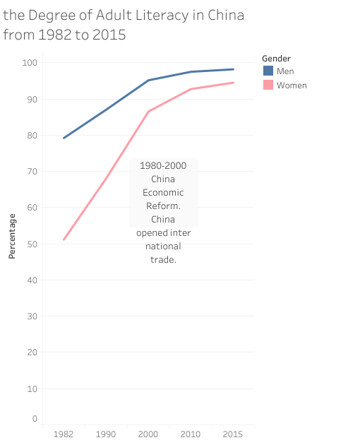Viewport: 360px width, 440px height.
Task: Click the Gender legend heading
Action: (x=276, y=58)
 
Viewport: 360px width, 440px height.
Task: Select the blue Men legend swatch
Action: (x=268, y=71)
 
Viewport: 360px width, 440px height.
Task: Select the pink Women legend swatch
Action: (x=268, y=85)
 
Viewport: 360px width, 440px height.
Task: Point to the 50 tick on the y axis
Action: (x=31, y=244)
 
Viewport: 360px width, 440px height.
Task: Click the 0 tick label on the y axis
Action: (x=34, y=419)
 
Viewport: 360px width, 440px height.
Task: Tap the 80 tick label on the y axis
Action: (x=31, y=136)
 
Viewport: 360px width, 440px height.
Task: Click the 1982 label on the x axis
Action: (x=64, y=434)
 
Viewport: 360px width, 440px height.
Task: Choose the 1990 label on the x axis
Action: (x=106, y=434)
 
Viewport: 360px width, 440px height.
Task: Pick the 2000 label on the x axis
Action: (x=148, y=434)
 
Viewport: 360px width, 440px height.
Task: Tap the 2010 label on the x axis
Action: (x=191, y=434)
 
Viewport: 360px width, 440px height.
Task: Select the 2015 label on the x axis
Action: (x=233, y=434)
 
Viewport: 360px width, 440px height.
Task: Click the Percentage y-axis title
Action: (x=12, y=235)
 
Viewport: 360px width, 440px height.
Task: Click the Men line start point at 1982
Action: (x=64, y=138)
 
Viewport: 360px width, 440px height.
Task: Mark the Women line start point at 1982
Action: (x=64, y=240)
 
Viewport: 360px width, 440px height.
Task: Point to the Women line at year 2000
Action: (x=148, y=112)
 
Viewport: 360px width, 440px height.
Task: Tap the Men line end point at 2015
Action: (x=233, y=69)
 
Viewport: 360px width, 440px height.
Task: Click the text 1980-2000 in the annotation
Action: (x=163, y=165)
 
